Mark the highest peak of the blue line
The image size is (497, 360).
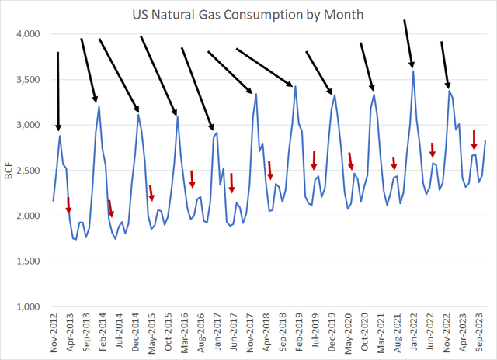tap(413, 71)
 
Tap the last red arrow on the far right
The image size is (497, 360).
tap(474, 140)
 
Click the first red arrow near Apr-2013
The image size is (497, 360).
tap(68, 206)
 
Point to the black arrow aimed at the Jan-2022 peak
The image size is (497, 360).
tap(408, 43)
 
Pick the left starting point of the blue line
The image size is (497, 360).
tap(53, 201)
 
